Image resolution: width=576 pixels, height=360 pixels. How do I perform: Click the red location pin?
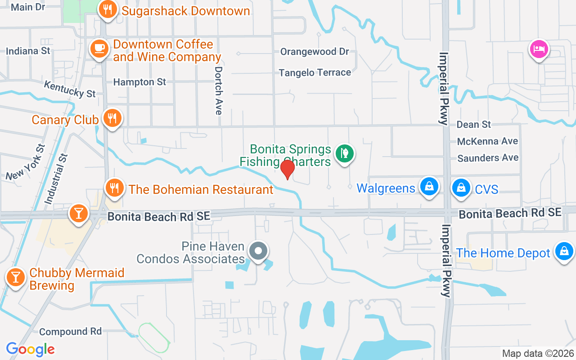[x=288, y=169]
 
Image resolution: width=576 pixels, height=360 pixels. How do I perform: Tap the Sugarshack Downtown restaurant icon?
[x=108, y=9]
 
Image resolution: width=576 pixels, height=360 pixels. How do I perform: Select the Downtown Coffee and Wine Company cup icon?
[x=99, y=48]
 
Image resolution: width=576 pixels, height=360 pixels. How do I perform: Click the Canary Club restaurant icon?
[x=112, y=118]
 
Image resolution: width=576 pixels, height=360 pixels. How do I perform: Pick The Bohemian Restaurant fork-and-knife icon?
[x=115, y=188]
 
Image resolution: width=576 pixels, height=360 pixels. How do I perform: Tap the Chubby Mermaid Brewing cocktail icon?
[x=16, y=277]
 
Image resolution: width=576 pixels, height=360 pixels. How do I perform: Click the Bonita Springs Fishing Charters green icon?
[x=344, y=154]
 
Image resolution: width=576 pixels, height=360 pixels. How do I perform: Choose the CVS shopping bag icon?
[x=461, y=187]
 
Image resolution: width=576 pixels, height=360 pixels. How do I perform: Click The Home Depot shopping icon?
[x=564, y=251]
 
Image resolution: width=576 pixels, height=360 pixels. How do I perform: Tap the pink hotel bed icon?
[x=539, y=49]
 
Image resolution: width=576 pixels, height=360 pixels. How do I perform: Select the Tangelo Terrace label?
[x=315, y=72]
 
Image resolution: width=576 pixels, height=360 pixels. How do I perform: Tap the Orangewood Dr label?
[x=315, y=52]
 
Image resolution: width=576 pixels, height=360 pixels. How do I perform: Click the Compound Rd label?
[x=70, y=332]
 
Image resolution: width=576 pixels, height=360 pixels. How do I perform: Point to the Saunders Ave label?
[x=488, y=158]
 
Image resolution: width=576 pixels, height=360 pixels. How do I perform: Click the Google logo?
[x=31, y=349]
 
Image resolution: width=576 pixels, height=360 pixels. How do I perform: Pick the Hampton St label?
[x=139, y=82]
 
